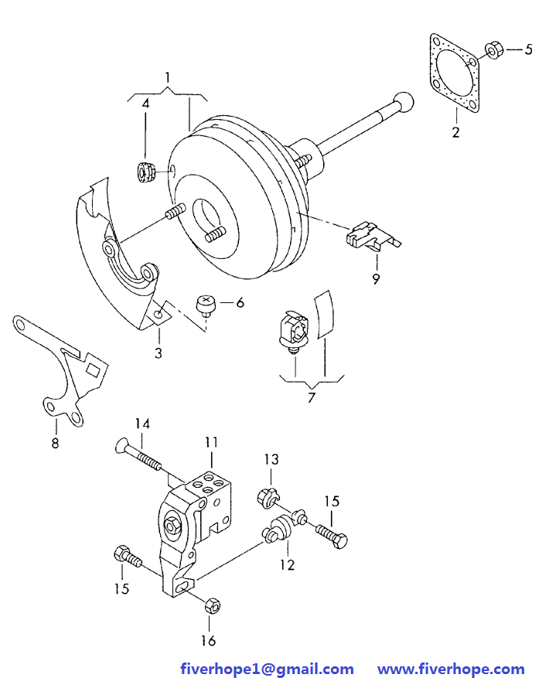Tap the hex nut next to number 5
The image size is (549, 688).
(493, 49)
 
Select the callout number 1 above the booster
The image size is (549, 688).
(167, 77)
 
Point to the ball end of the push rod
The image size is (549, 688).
(403, 103)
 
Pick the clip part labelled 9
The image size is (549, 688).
(372, 237)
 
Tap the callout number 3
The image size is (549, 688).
(159, 353)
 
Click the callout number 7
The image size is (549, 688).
(311, 397)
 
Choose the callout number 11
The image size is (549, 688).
(211, 442)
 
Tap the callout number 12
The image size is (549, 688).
(287, 565)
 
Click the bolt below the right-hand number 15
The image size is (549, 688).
(331, 536)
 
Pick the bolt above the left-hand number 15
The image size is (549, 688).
(128, 557)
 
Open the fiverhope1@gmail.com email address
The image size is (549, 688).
(267, 669)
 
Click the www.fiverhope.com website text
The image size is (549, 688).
(451, 669)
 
